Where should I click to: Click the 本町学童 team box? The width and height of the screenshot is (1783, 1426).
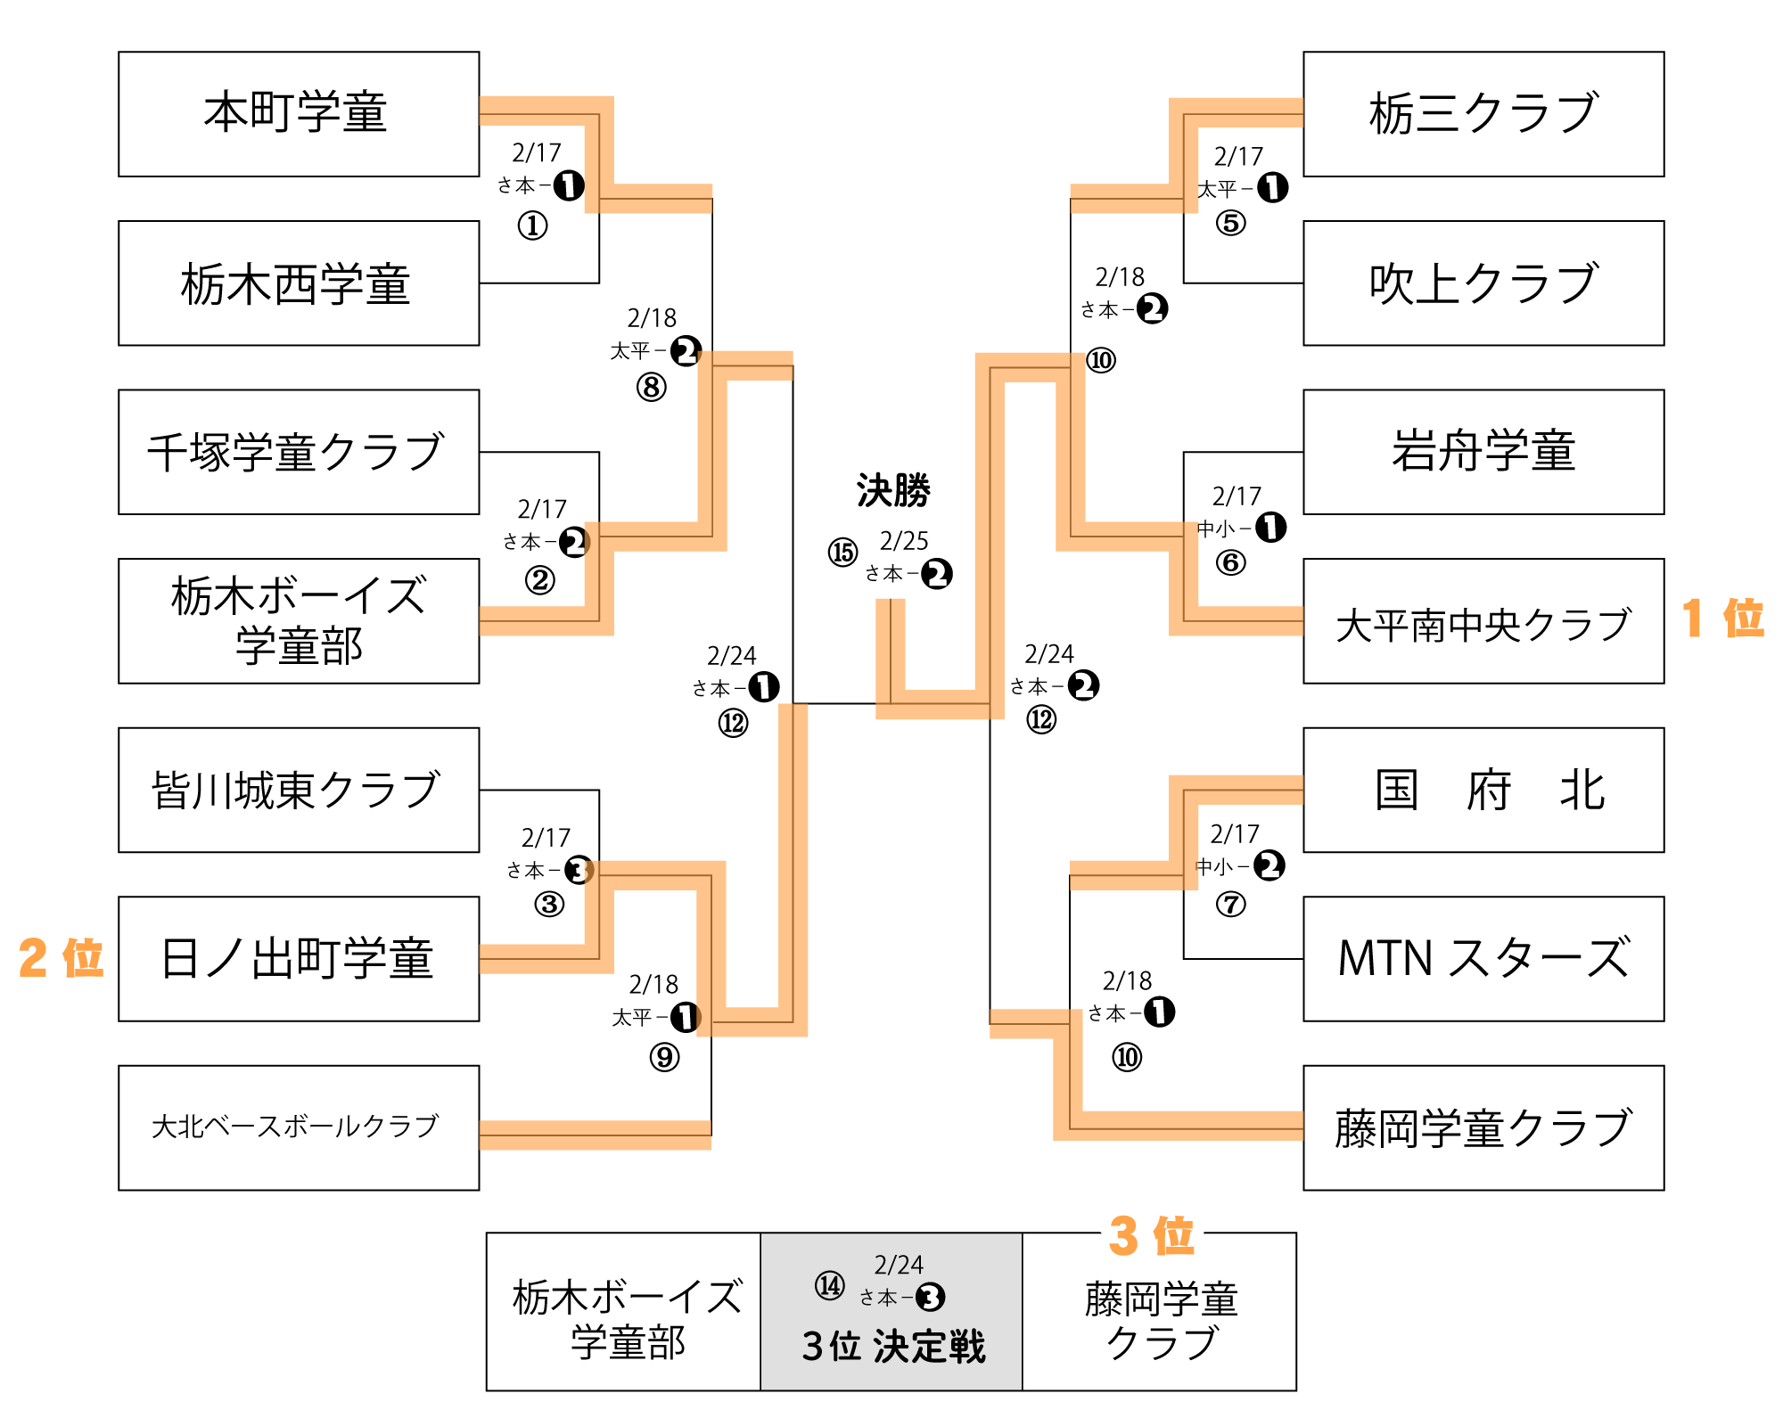click(x=299, y=114)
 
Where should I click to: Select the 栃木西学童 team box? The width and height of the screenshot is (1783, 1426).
click(x=299, y=283)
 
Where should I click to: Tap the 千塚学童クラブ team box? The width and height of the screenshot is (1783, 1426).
click(x=299, y=452)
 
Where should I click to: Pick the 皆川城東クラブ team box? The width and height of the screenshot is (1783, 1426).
click(x=299, y=790)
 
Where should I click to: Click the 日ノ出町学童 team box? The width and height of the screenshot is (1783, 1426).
click(x=299, y=959)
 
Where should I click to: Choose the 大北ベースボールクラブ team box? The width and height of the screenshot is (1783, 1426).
click(x=299, y=1127)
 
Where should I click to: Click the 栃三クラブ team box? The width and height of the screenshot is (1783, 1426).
click(x=1483, y=114)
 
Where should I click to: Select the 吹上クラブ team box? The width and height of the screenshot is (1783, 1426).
click(x=1483, y=283)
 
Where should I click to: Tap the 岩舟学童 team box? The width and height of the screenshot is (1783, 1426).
click(x=1483, y=452)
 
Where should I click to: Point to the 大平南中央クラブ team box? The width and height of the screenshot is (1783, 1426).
click(x=1483, y=621)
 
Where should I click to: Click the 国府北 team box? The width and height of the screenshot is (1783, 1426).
click(x=1483, y=790)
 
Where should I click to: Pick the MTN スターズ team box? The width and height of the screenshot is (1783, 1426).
click(x=1483, y=959)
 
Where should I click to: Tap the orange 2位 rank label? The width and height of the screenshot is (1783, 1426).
click(x=61, y=957)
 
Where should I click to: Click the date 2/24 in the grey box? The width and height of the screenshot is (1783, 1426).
click(x=899, y=1265)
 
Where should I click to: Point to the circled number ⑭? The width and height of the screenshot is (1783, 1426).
click(x=829, y=1286)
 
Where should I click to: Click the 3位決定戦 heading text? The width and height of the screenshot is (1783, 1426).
click(x=893, y=1347)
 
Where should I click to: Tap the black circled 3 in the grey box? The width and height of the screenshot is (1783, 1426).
click(x=931, y=1298)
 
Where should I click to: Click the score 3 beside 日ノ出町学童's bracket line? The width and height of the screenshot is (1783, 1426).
click(x=579, y=870)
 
